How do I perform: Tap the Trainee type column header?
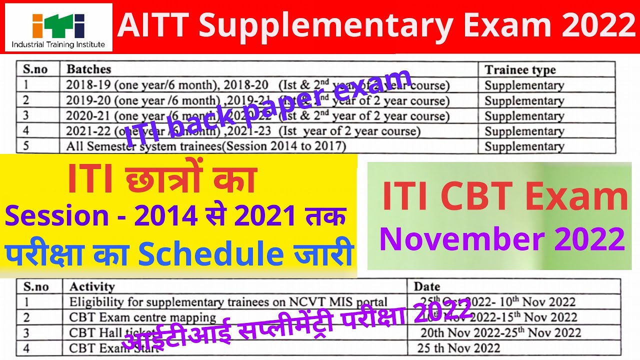[x=520, y=70]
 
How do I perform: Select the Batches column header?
[x=89, y=69]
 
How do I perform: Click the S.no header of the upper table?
[x=35, y=69]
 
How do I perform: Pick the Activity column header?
[x=92, y=286]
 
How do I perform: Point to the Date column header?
[x=426, y=286]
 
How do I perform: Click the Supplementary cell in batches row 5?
[x=524, y=146]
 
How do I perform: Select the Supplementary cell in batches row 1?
[x=524, y=85]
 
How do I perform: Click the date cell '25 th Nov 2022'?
[x=459, y=348]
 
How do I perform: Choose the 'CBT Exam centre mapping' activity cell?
[x=142, y=317]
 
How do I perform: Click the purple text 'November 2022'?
[x=501, y=238]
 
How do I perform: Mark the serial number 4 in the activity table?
[x=26, y=348]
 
